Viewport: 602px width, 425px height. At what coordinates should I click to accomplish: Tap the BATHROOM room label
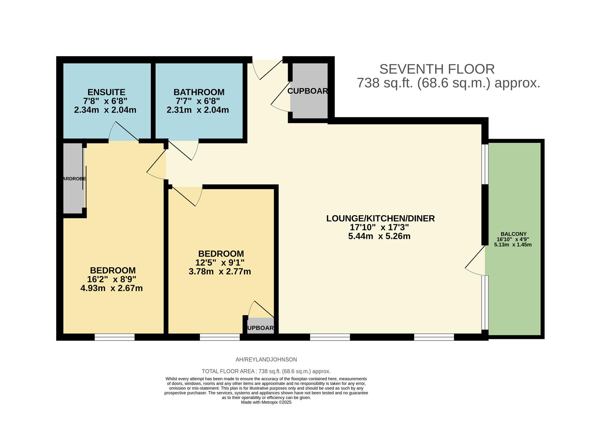pyautogui.click(x=199, y=92)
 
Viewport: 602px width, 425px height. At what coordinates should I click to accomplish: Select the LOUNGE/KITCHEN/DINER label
pyautogui.click(x=380, y=218)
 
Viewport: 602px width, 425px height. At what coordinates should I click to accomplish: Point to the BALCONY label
pyautogui.click(x=513, y=234)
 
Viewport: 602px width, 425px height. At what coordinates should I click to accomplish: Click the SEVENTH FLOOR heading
pyautogui.click(x=437, y=69)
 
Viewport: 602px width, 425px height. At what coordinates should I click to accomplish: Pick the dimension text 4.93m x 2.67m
pyautogui.click(x=111, y=288)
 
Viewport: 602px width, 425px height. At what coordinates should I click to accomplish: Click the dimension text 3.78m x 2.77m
pyautogui.click(x=220, y=272)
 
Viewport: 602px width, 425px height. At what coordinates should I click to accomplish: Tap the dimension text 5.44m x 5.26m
pyautogui.click(x=379, y=236)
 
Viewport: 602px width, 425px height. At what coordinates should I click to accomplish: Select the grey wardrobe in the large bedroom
pyautogui.click(x=73, y=179)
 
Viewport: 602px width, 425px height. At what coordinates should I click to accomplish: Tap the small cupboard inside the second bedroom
pyautogui.click(x=260, y=326)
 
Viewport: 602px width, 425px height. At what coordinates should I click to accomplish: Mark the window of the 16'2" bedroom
pyautogui.click(x=114, y=337)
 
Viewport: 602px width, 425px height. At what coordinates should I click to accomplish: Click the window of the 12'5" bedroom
pyautogui.click(x=220, y=337)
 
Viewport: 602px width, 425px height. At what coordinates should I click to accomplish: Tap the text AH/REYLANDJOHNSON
pyautogui.click(x=266, y=359)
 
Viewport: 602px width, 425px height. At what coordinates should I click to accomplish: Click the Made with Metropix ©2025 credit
pyautogui.click(x=266, y=402)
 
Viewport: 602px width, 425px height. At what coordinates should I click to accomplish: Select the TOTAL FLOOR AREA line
pyautogui.click(x=266, y=371)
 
